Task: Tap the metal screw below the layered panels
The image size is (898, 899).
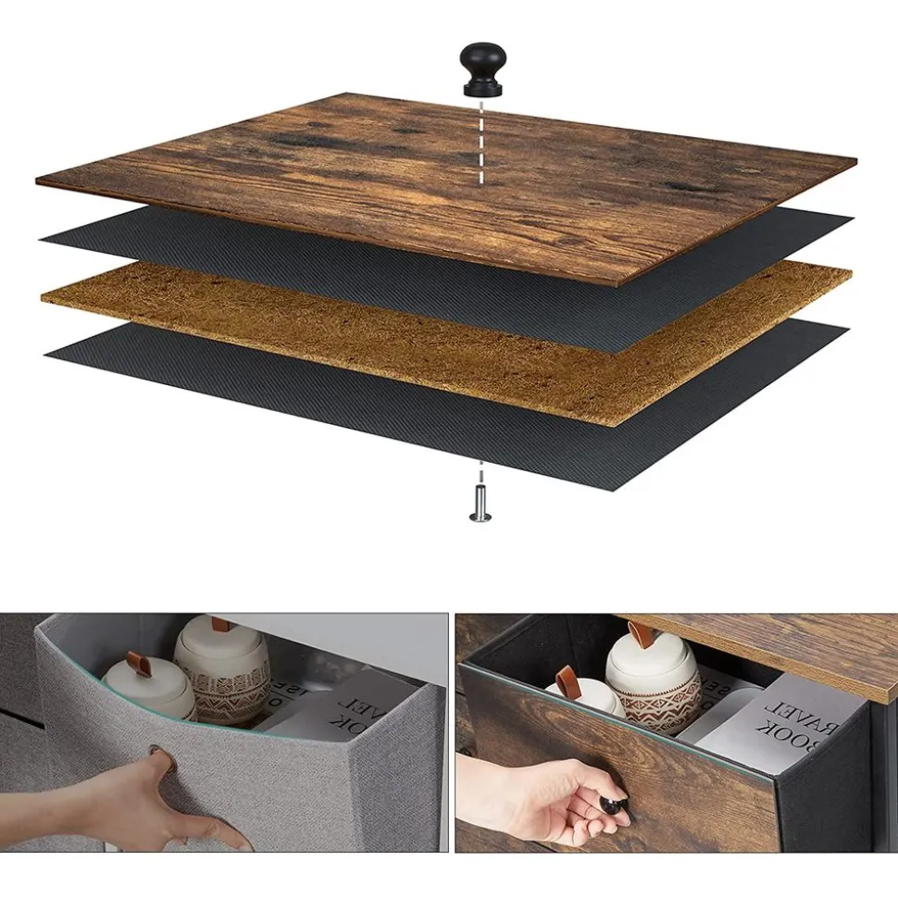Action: pos(480,503)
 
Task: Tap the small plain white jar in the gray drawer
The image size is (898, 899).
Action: pos(148,690)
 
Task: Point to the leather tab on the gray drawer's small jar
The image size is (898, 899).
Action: pos(139,665)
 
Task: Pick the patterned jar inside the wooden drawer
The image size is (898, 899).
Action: pos(653,685)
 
